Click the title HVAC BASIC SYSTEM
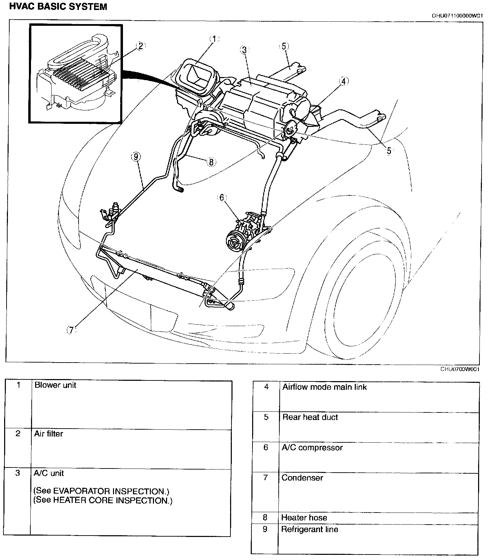pyautogui.click(x=58, y=7)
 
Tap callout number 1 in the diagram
pyautogui.click(x=214, y=39)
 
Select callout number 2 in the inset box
pyautogui.click(x=141, y=46)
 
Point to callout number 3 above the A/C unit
pyautogui.click(x=244, y=50)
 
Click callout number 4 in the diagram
pyautogui.click(x=343, y=82)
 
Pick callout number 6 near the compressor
pyautogui.click(x=222, y=198)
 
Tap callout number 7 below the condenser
pyautogui.click(x=71, y=330)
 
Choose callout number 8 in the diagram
pyautogui.click(x=211, y=162)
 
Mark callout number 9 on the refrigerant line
pyautogui.click(x=136, y=157)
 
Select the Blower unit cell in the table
pyautogui.click(x=55, y=385)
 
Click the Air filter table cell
pyautogui.click(x=49, y=434)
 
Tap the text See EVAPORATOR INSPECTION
pyautogui.click(x=101, y=491)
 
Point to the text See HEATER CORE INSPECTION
pyautogui.click(x=103, y=500)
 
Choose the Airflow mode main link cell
pyautogui.click(x=324, y=387)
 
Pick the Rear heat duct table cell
pyautogui.click(x=310, y=418)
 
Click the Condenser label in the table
pyautogui.click(x=302, y=478)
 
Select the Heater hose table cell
pyautogui.click(x=304, y=518)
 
